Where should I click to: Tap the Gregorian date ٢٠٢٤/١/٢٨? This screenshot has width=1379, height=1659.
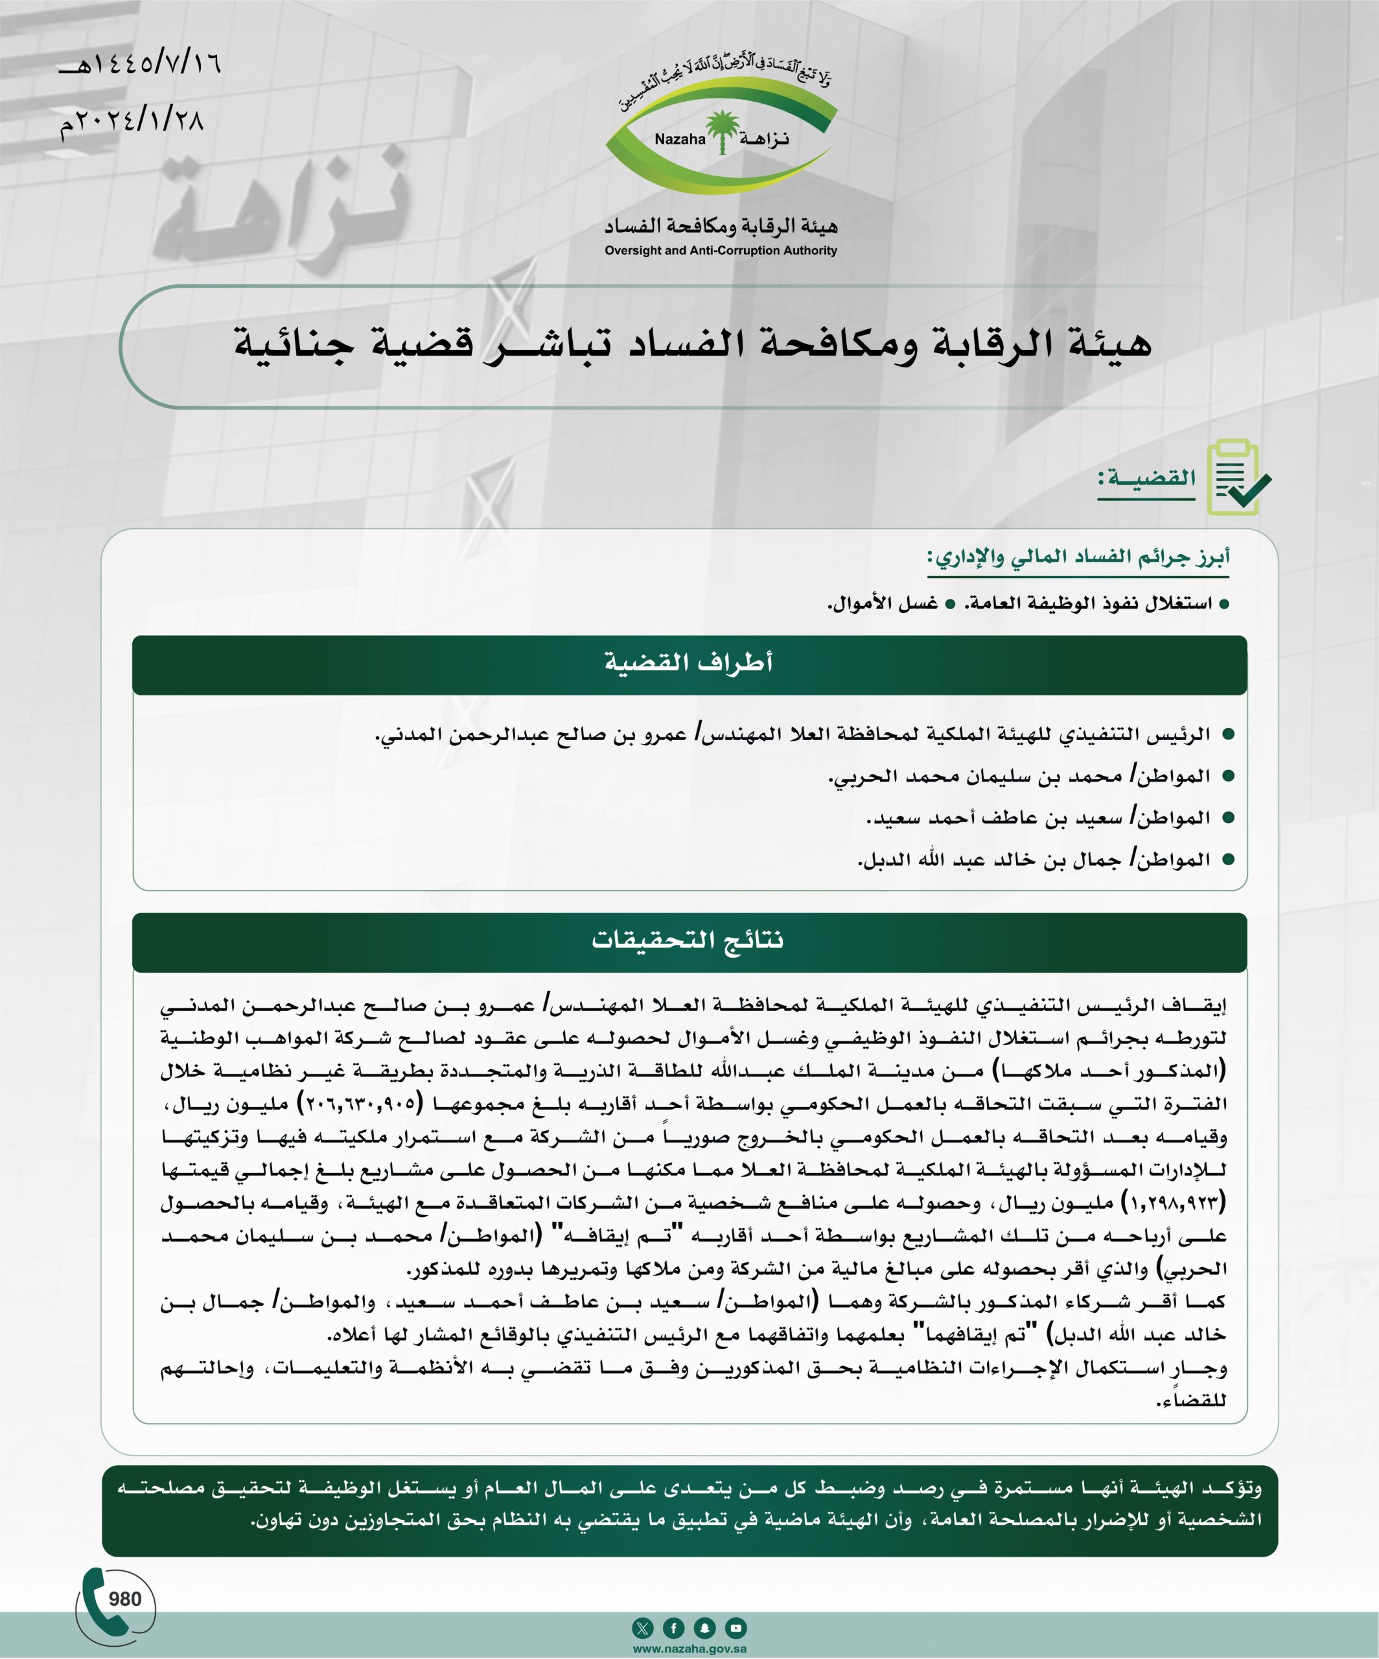pyautogui.click(x=133, y=122)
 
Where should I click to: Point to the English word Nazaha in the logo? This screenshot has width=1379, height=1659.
pyautogui.click(x=680, y=140)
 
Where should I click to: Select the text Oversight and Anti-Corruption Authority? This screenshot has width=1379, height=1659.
pyautogui.click(x=721, y=250)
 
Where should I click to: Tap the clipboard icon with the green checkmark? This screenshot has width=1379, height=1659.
pyautogui.click(x=1238, y=478)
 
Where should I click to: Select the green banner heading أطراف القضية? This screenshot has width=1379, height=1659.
pyautogui.click(x=689, y=663)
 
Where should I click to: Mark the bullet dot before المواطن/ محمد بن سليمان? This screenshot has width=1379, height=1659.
pyautogui.click(x=1228, y=776)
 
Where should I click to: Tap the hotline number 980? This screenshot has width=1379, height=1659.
pyautogui.click(x=125, y=1599)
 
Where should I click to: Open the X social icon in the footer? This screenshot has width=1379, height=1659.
pyautogui.click(x=643, y=1628)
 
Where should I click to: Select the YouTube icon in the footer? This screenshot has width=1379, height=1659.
pyautogui.click(x=736, y=1628)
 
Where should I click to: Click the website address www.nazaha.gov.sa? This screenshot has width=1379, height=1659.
pyautogui.click(x=689, y=1649)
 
